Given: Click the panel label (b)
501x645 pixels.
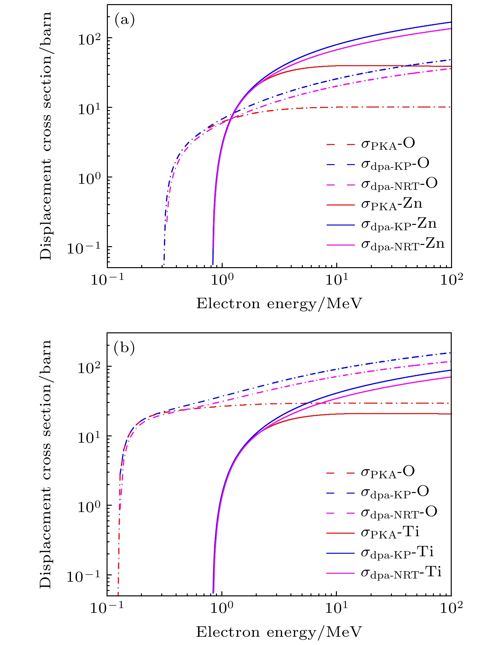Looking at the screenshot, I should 124,348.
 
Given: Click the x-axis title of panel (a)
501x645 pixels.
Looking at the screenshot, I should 279,304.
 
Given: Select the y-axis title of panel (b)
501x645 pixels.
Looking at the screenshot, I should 46,465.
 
